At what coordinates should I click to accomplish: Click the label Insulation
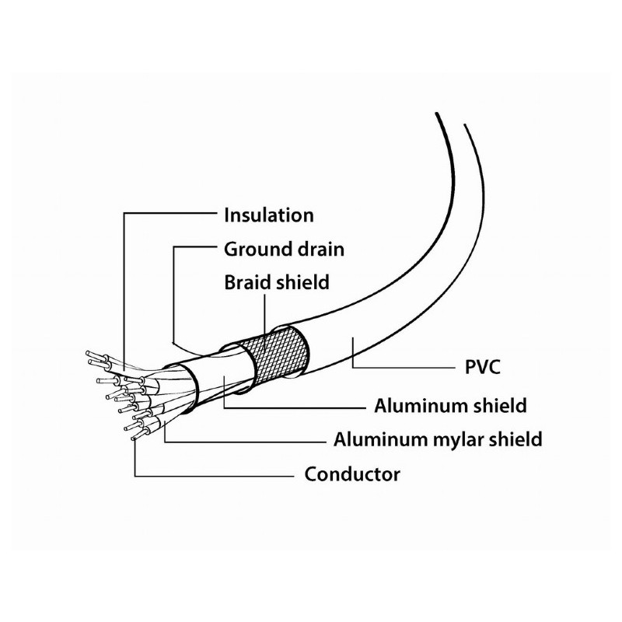click(268, 215)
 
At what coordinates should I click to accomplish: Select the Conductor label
click(352, 473)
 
